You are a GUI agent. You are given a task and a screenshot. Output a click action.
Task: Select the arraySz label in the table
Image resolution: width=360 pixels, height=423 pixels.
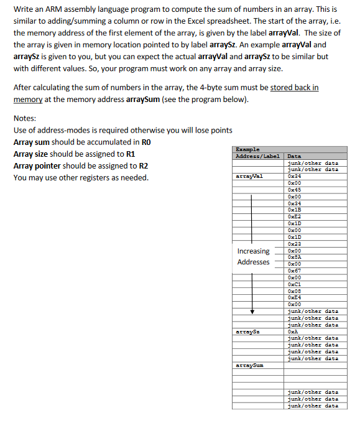[x=247, y=332]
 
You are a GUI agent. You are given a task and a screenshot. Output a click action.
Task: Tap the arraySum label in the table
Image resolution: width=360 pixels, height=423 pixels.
[x=249, y=365]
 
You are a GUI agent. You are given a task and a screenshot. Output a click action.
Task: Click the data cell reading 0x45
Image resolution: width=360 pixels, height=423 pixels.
[x=294, y=190]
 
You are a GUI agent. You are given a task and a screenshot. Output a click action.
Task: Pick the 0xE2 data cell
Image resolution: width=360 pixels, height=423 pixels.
[x=294, y=216]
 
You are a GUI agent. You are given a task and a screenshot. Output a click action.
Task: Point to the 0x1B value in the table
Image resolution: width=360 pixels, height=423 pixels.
[x=294, y=210]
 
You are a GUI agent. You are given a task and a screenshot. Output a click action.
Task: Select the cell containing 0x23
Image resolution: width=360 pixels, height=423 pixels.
[x=294, y=243]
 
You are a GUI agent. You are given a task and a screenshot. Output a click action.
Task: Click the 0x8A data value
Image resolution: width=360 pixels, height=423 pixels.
[x=294, y=257]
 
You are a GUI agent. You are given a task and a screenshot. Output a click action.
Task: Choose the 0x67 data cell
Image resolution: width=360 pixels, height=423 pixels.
[x=294, y=271]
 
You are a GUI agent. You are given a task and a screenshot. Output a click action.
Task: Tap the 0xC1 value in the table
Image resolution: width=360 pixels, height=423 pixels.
[x=294, y=284]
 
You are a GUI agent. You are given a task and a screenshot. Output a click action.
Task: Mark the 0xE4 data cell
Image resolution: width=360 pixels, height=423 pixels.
[x=294, y=297]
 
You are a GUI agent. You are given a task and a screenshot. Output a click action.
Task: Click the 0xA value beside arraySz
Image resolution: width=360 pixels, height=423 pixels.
[x=293, y=332]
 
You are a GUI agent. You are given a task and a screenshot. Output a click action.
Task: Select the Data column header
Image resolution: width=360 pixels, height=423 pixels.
[x=294, y=156]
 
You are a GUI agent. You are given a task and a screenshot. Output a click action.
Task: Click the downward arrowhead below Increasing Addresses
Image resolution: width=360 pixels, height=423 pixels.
[x=252, y=312]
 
